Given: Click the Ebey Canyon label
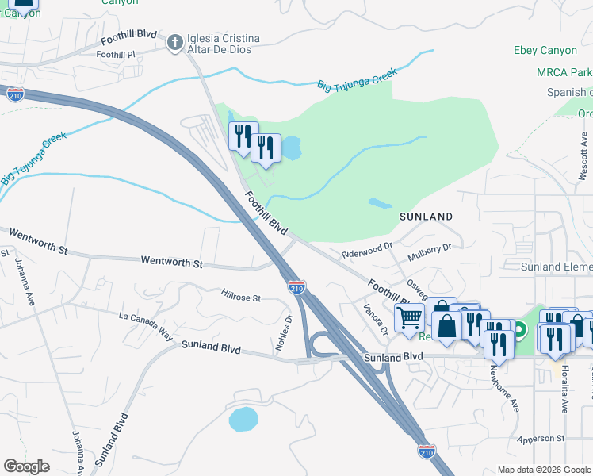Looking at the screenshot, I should pos(545,51).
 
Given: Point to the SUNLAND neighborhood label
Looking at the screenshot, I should pos(426,216).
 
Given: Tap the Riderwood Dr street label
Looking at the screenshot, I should pos(367,250).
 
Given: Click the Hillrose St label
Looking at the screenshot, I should pos(241,297).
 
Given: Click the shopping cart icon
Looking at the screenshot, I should pos(409,318).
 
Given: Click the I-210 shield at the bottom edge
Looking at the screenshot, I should pos(427,451).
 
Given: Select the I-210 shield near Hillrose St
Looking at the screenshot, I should pos(296,287).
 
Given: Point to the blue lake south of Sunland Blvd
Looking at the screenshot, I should pos(243,419).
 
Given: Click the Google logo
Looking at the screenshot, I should pos(26,466).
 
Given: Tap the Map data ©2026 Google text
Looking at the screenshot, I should pos(544,469).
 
